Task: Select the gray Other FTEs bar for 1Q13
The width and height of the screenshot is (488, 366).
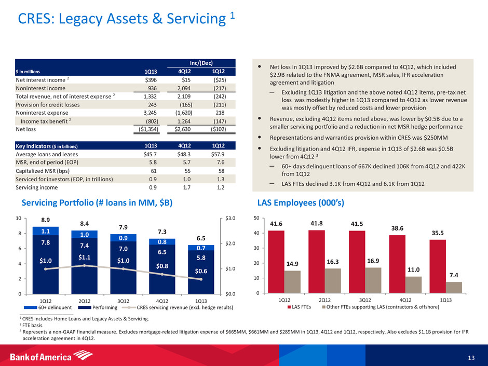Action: pyautogui.click(x=453, y=288)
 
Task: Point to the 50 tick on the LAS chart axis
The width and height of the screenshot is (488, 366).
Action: pyautogui.click(x=256, y=219)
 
